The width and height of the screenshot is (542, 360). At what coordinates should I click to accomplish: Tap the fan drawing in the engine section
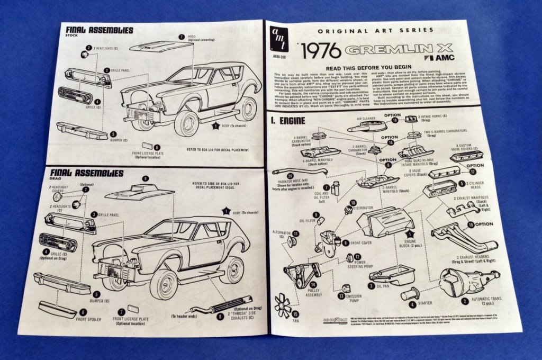point(283,305)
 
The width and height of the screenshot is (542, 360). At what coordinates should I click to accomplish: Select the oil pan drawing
point(390,277)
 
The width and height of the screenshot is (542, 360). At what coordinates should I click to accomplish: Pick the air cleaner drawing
point(367,124)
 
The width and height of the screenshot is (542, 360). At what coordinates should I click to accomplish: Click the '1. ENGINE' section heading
point(288,120)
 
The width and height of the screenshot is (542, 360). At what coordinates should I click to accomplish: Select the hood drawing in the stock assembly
point(160,46)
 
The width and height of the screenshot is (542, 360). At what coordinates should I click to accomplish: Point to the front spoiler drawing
point(57,308)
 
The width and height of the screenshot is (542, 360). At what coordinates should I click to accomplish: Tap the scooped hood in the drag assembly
point(139,192)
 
